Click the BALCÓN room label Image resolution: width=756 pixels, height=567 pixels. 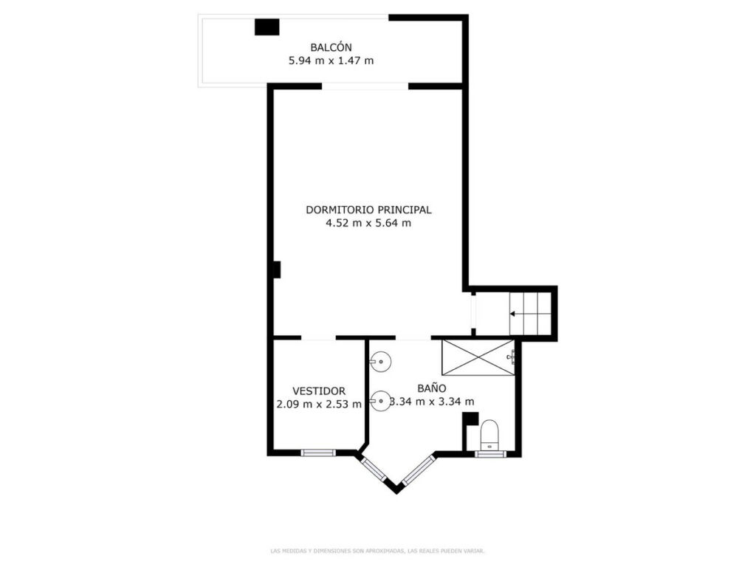coord(331,47)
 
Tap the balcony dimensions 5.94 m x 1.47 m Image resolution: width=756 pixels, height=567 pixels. coord(331,61)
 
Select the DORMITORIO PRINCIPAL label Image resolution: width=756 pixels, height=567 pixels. coord(368,210)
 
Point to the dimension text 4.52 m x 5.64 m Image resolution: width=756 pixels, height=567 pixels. coord(368,223)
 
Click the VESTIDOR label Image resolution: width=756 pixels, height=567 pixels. coord(319,391)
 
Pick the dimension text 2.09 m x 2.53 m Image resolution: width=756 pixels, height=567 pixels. coord(319,404)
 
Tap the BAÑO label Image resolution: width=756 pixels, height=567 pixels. coord(431,388)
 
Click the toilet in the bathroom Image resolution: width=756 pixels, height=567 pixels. coord(489,435)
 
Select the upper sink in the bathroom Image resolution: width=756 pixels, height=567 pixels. coord(380,361)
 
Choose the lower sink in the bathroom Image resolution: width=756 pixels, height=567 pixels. coord(380,401)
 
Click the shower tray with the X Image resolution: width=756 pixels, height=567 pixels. coord(478,357)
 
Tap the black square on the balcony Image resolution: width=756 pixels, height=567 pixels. coord(267,27)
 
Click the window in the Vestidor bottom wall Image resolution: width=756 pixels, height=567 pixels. coord(317,453)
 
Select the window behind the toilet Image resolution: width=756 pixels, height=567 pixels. coord(490,454)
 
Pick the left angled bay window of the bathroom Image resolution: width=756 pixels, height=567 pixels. coord(374,469)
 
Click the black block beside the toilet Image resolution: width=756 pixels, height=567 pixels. coord(470,419)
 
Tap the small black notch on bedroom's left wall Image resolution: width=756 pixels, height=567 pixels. coord(278,269)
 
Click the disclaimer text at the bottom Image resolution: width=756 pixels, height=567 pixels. coord(377,551)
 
